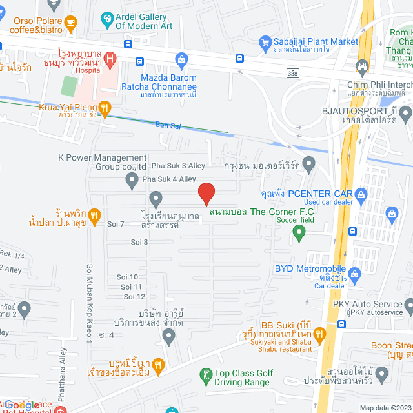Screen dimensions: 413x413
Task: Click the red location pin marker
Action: click(206, 193)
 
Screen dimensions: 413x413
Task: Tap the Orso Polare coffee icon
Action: click(70, 23)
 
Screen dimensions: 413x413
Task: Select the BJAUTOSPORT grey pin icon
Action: click(405, 115)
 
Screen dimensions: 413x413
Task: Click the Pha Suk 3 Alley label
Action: click(178, 166)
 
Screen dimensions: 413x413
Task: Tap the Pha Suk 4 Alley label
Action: click(168, 179)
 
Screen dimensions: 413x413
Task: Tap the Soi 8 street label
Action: click(139, 242)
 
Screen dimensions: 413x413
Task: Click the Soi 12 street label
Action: click(136, 296)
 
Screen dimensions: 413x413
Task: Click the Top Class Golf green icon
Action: click(206, 374)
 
